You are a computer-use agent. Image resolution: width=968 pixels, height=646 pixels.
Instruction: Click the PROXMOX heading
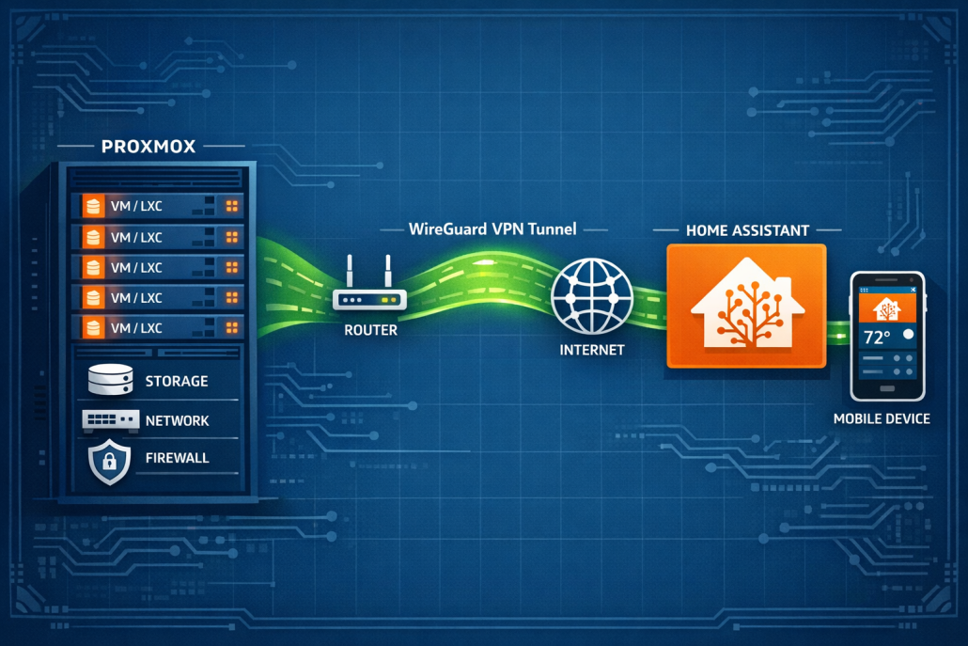point(148,147)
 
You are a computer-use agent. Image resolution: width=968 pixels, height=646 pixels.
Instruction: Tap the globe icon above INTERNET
point(591,296)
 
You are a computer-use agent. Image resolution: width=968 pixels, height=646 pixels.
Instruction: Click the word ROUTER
point(370,330)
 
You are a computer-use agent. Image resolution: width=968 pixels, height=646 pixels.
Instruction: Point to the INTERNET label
point(591,350)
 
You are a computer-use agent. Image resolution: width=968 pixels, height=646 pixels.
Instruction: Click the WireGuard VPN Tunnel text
point(492,229)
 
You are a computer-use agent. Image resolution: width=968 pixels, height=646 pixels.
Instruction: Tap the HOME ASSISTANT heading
point(747,230)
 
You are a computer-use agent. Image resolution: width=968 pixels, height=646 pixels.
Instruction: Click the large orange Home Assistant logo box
point(746,306)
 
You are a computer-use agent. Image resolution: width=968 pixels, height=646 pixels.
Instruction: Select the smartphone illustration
point(887,337)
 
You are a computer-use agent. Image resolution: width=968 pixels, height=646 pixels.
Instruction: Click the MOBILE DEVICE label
point(881,418)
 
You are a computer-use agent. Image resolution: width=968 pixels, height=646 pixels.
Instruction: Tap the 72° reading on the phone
point(877,338)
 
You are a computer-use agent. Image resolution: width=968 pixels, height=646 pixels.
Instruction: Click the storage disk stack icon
point(110,379)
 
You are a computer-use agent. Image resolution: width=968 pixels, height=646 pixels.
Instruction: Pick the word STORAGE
point(177,381)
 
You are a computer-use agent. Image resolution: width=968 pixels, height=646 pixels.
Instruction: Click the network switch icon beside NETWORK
point(111,420)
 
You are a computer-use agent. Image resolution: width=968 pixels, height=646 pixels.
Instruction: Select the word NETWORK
point(178,420)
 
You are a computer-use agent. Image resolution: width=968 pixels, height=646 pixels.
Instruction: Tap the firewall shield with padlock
point(109,462)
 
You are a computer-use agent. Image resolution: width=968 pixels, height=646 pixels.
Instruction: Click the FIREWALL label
point(178,458)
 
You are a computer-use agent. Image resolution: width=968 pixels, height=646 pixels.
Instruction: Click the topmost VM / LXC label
point(136,206)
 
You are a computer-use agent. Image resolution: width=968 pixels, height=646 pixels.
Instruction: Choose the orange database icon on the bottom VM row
point(93,327)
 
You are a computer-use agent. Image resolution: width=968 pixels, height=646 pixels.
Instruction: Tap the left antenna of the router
point(350,272)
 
